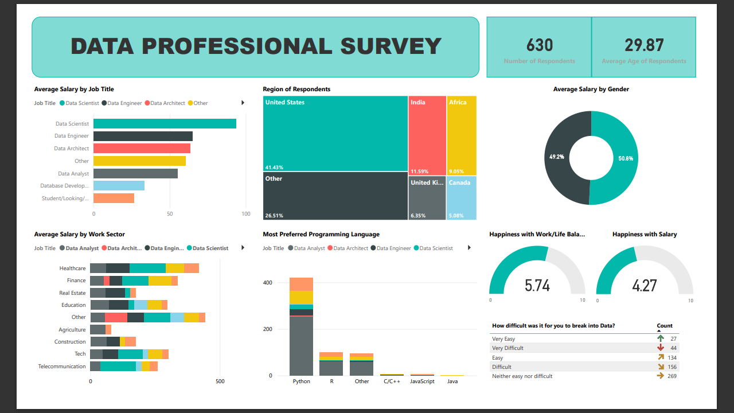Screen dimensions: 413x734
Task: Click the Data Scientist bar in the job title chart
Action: tap(165, 124)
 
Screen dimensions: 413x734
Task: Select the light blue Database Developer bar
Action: tap(119, 186)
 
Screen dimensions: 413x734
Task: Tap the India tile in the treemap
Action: tap(427, 135)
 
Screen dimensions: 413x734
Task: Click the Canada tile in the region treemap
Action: tap(461, 198)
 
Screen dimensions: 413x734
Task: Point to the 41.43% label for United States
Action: tap(274, 167)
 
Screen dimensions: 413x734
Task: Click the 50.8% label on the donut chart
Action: tap(626, 158)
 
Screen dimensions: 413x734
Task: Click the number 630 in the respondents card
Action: tap(539, 45)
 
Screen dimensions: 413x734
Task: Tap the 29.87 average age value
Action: tap(644, 45)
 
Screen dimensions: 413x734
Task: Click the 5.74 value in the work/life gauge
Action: tap(537, 285)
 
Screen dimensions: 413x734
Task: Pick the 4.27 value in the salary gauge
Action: tap(644, 285)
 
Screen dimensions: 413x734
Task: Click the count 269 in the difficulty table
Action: tap(671, 376)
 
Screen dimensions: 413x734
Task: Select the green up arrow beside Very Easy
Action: tap(661, 338)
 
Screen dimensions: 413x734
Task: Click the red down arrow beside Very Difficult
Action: tap(661, 348)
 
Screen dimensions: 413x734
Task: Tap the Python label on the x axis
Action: tap(301, 381)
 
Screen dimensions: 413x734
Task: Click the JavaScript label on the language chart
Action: tap(422, 381)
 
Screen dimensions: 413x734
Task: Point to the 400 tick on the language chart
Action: tap(267, 283)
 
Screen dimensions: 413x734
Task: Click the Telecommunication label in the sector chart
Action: tap(62, 367)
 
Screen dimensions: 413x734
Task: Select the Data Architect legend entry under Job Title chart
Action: tap(167, 103)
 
